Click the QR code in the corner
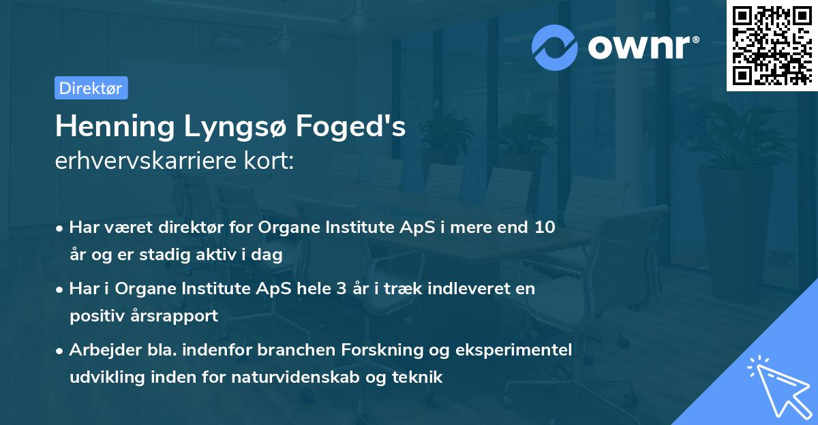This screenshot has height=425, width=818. pyautogui.click(x=772, y=45)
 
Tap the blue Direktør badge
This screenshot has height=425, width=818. pyautogui.click(x=91, y=88)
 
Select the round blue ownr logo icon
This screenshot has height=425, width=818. pyautogui.click(x=555, y=47)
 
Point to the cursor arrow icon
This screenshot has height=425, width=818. pyautogui.click(x=778, y=385)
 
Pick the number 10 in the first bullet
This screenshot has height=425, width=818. pyautogui.click(x=545, y=227)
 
